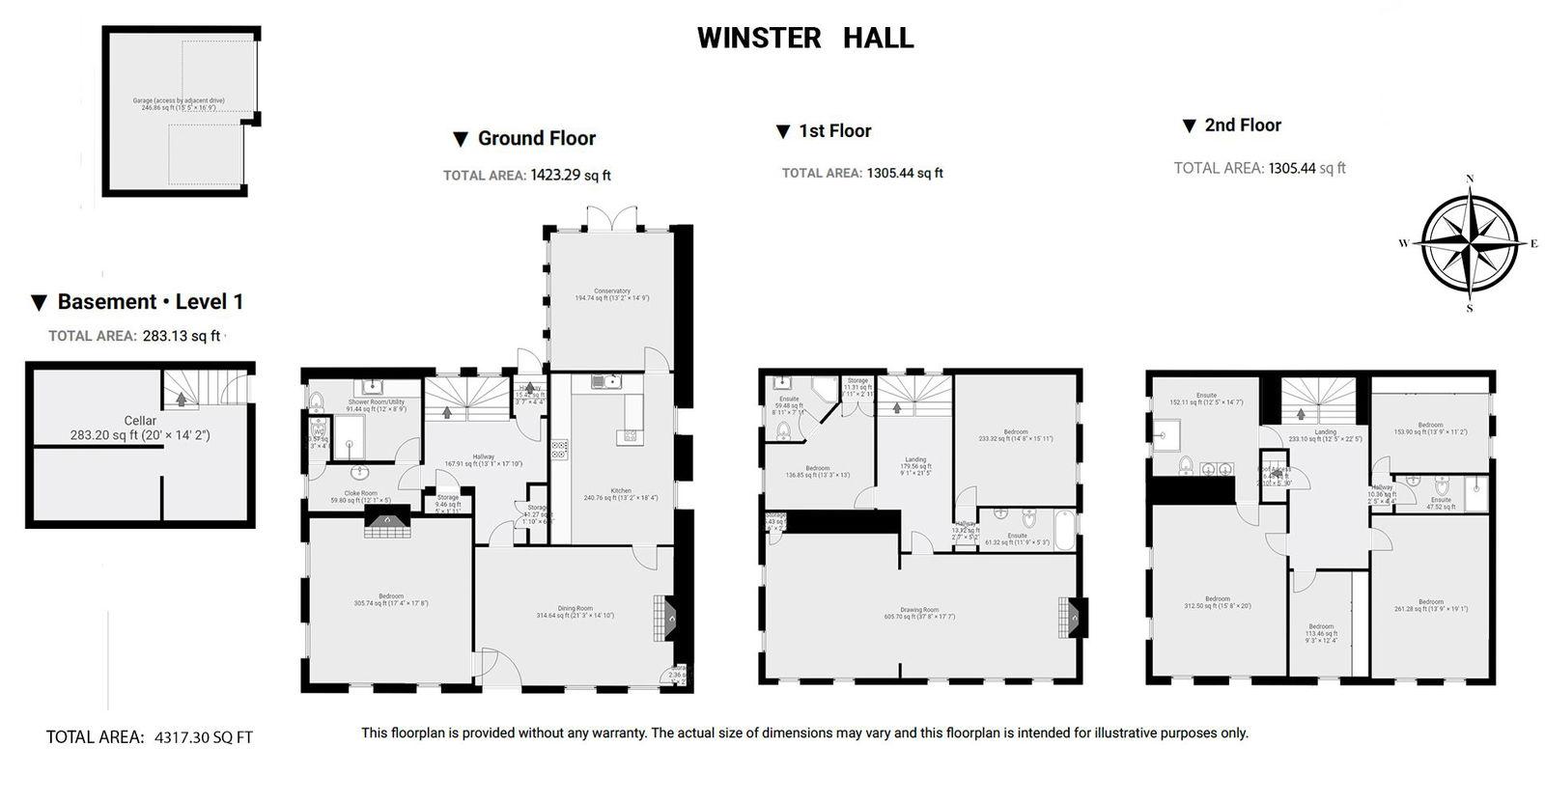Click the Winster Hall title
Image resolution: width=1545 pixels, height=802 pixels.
click(x=804, y=39)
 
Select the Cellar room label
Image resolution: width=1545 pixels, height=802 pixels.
click(x=140, y=421)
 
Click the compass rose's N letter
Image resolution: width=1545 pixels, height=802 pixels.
click(x=1469, y=179)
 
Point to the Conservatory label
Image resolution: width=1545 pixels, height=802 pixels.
click(x=611, y=291)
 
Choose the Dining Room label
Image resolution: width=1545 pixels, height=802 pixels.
click(x=575, y=609)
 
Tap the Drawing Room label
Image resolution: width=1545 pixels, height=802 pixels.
click(x=918, y=610)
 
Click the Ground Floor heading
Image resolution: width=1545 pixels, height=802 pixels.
click(x=536, y=138)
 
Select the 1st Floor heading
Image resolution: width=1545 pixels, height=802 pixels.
click(x=834, y=131)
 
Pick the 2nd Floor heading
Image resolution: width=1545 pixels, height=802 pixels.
click(x=1242, y=125)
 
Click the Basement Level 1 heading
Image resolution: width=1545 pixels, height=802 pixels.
click(x=150, y=302)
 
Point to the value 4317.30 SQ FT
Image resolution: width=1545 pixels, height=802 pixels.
click(x=204, y=737)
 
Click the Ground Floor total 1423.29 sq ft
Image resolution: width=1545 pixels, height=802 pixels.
click(x=570, y=176)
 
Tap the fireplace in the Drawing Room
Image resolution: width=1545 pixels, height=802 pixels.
click(x=1074, y=618)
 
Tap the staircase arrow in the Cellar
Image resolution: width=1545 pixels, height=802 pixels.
click(x=181, y=399)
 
